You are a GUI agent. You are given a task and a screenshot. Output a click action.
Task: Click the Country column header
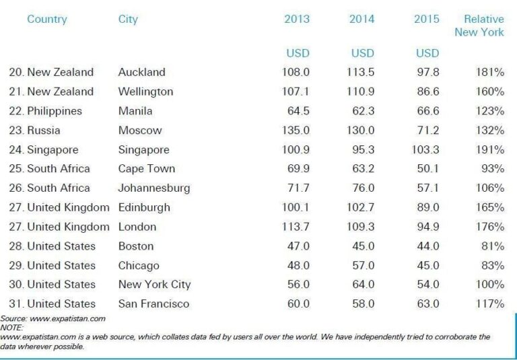tap(47, 19)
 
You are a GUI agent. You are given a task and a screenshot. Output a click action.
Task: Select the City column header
tap(128, 19)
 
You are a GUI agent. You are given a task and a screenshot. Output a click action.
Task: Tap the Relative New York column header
tap(479, 26)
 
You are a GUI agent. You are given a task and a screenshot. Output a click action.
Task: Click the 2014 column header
tap(361, 19)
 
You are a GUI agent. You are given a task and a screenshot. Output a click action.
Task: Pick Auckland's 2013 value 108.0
tap(296, 72)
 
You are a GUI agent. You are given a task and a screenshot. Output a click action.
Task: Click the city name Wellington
tap(145, 92)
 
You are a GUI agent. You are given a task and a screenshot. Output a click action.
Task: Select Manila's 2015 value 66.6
tap(426, 111)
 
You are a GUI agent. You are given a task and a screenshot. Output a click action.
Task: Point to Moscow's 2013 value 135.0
tap(296, 130)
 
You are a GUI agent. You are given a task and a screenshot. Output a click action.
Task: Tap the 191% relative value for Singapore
tap(489, 149)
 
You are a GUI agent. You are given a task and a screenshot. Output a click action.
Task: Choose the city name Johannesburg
tap(154, 188)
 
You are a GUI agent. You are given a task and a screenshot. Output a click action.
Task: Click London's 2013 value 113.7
tap(296, 227)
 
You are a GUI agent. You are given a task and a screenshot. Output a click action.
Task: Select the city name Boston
tap(136, 246)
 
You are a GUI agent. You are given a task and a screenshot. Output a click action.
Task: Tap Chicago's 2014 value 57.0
tap(364, 265)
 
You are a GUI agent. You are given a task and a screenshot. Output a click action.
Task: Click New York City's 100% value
tap(489, 285)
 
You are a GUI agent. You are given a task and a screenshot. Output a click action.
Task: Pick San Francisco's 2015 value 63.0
tap(428, 304)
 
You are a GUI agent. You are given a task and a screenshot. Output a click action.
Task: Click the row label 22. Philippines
tap(46, 111)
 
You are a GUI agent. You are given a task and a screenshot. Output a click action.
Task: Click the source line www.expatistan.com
tap(53, 318)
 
